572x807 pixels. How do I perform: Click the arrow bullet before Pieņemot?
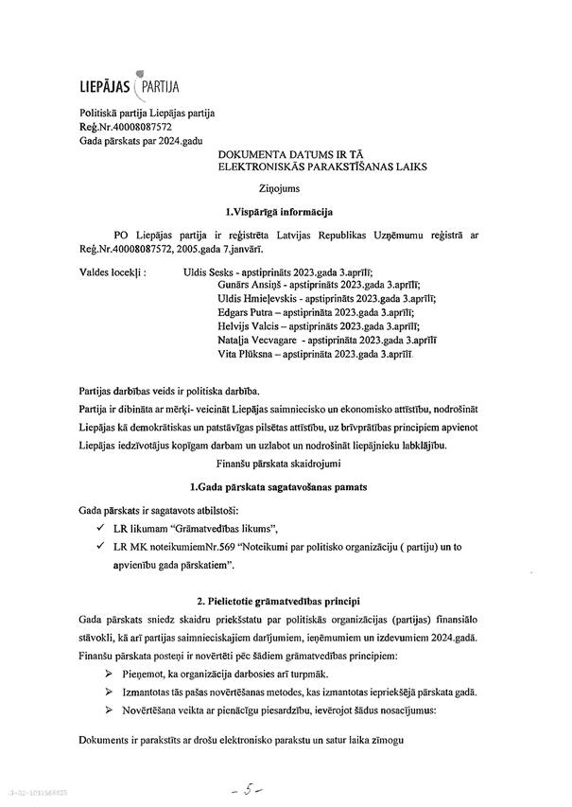point(89,669)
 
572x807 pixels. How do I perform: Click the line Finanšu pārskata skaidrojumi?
point(280,464)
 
